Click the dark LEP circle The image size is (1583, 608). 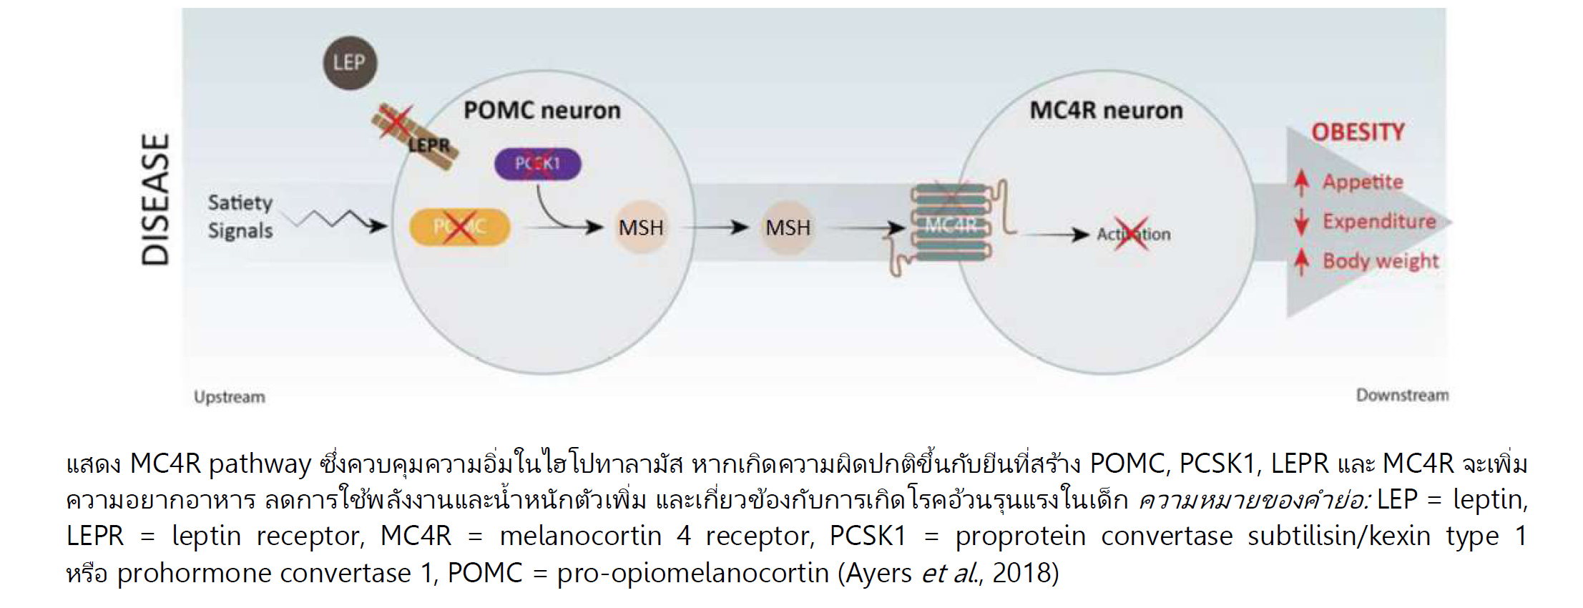click(349, 63)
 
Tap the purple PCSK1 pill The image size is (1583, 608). click(538, 164)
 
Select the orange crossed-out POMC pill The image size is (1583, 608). click(459, 227)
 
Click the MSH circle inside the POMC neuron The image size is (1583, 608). click(641, 228)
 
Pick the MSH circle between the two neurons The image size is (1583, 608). click(788, 228)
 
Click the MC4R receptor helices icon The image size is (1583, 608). click(951, 223)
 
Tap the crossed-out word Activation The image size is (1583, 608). click(1133, 234)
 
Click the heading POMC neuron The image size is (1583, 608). click(542, 110)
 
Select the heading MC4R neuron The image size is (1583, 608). click(1106, 110)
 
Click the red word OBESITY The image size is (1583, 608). click(1358, 132)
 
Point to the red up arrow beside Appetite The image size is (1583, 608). click(1301, 182)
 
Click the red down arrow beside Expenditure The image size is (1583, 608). click(1301, 222)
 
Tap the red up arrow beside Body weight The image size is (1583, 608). click(1301, 261)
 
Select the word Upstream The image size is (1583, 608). click(229, 397)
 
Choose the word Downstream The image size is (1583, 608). click(1402, 395)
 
